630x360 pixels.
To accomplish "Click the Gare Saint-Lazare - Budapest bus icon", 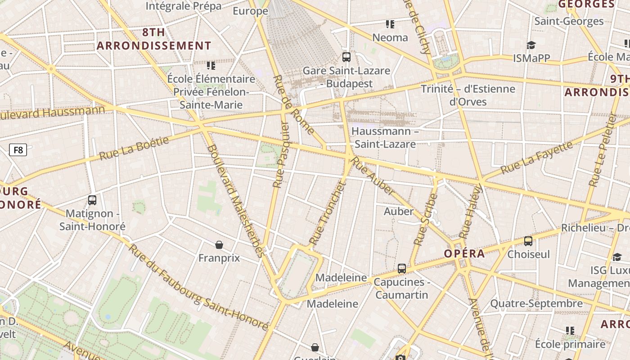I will [346, 57].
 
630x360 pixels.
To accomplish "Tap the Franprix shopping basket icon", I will [219, 245].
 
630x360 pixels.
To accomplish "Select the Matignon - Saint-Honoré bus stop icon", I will [92, 200].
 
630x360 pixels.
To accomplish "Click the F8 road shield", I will [18, 150].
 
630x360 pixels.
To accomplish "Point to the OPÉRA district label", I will [464, 253].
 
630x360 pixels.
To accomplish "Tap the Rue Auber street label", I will [372, 175].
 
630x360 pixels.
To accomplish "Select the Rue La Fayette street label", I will [536, 157].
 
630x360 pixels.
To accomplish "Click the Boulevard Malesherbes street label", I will [235, 201].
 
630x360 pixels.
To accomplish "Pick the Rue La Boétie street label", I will [134, 148].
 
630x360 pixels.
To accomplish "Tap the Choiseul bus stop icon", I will [528, 241].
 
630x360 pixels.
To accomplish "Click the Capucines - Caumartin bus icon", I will [402, 269].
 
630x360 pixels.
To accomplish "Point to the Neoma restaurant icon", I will [390, 24].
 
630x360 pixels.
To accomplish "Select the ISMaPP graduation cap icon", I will [531, 45].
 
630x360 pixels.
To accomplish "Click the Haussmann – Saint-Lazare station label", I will [385, 138].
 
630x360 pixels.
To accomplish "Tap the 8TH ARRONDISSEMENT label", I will [154, 39].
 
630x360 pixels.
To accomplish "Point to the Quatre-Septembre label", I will [536, 303].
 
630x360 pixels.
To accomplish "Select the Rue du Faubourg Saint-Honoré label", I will [198, 287].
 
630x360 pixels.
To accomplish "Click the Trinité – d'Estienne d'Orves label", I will [468, 95].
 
